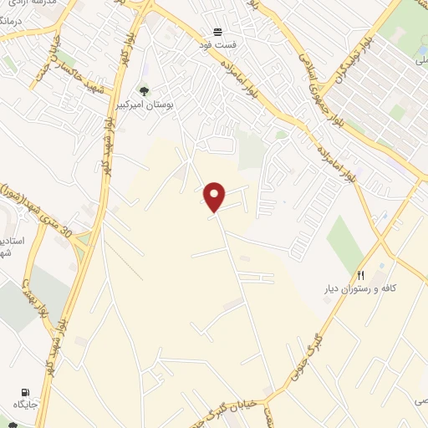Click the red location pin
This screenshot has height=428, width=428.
[216, 196]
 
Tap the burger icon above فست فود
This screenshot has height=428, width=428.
[217, 30]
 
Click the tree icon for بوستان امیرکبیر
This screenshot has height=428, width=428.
[143, 91]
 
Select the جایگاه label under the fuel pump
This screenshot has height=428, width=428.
[24, 405]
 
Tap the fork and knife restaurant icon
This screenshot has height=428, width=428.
[361, 275]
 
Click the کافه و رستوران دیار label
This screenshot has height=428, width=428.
[359, 288]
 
